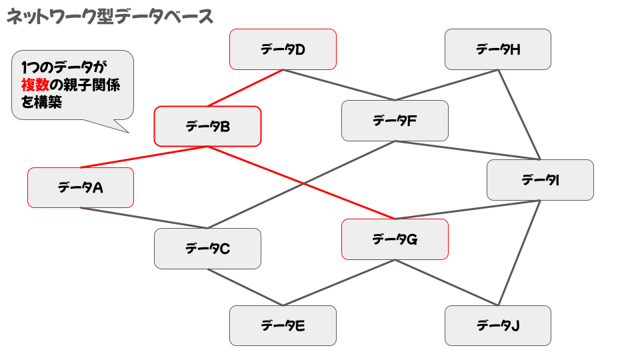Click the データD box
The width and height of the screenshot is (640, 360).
click(x=283, y=49)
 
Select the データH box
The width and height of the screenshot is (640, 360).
click(x=498, y=49)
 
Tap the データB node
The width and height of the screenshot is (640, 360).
click(x=207, y=126)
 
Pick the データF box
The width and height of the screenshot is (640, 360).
click(x=395, y=121)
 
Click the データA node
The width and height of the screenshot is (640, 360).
click(x=81, y=187)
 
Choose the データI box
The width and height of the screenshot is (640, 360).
click(x=540, y=180)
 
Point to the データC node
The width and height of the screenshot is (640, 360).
click(x=207, y=249)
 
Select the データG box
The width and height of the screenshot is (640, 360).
click(x=395, y=239)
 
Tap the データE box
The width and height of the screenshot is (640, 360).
click(x=283, y=325)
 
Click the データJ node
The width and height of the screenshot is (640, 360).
click(x=498, y=325)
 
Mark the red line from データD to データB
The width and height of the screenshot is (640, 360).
click(x=245, y=87)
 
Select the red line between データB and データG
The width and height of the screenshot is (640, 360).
click(x=301, y=182)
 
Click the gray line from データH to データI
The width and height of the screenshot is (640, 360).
click(x=519, y=114)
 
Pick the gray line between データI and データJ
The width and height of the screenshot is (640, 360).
click(x=519, y=253)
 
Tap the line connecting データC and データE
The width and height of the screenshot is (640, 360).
click(x=245, y=287)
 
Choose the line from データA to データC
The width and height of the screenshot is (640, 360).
click(x=144, y=218)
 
